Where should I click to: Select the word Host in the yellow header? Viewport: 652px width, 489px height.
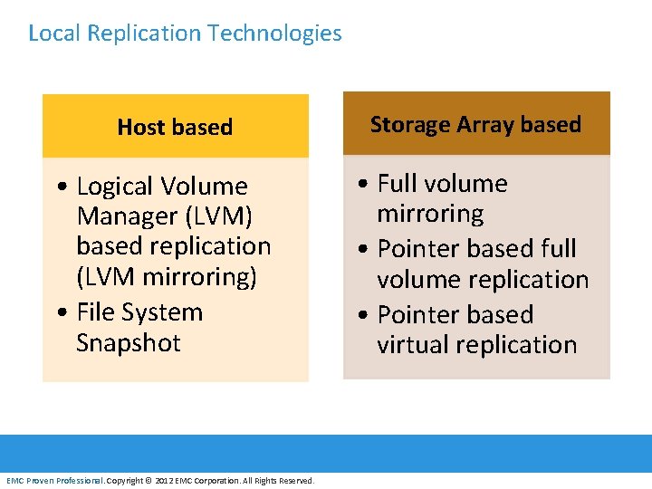(x=141, y=128)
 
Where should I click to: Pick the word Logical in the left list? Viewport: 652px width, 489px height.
(x=115, y=187)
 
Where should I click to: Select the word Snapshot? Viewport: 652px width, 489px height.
(x=129, y=343)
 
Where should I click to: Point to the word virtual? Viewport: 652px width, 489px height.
(x=414, y=345)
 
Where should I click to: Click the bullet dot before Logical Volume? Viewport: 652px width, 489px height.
(x=59, y=187)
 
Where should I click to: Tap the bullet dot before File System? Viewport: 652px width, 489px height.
(x=59, y=313)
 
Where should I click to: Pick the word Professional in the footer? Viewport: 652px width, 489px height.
(x=79, y=481)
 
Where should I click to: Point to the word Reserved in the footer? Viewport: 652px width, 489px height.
(x=296, y=481)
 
